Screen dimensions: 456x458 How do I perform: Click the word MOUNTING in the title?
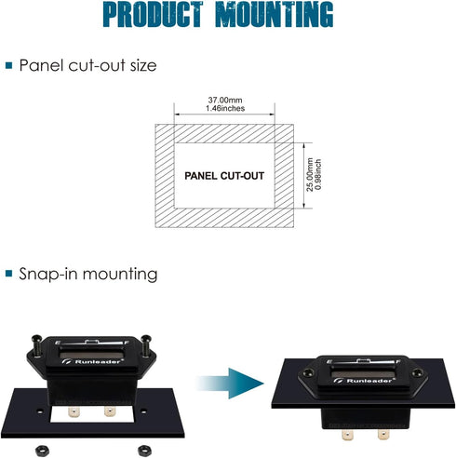(x=275, y=14)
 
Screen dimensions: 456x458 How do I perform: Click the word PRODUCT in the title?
(x=153, y=14)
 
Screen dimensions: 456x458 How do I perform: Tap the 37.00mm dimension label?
(x=225, y=101)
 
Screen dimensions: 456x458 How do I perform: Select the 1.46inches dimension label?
(x=225, y=108)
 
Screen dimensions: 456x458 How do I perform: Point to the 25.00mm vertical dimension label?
(x=310, y=175)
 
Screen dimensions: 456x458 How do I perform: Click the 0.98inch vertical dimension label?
(x=318, y=175)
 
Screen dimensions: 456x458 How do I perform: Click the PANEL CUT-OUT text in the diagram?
(x=224, y=176)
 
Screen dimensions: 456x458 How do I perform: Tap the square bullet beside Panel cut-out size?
(x=9, y=65)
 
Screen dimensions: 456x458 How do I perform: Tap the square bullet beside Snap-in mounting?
(x=9, y=274)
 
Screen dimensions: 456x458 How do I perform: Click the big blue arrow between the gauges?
(x=230, y=384)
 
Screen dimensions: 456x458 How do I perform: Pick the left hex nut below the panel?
(x=42, y=451)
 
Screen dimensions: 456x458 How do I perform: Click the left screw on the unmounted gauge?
(x=37, y=345)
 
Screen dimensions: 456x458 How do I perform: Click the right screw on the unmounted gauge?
(x=145, y=345)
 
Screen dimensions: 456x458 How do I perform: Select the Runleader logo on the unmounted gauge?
(x=92, y=361)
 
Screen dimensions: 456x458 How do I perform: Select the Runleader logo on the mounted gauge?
(x=364, y=381)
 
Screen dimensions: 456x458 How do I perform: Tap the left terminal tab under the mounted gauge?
(x=347, y=435)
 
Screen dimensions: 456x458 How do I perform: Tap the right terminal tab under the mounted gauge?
(x=383, y=434)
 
